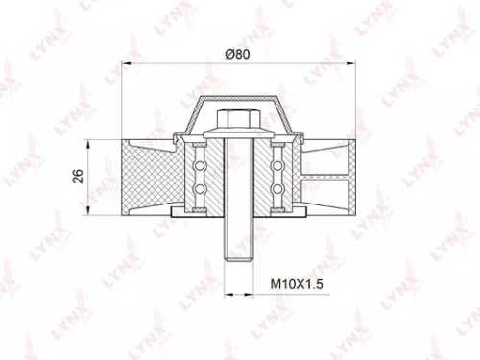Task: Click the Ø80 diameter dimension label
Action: [x=237, y=54]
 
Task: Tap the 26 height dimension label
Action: [x=79, y=176]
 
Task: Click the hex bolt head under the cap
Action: [x=238, y=119]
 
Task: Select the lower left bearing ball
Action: [x=200, y=189]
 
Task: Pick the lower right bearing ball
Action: [x=277, y=189]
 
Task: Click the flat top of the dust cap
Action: [x=238, y=97]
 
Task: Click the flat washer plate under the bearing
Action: [x=238, y=214]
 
